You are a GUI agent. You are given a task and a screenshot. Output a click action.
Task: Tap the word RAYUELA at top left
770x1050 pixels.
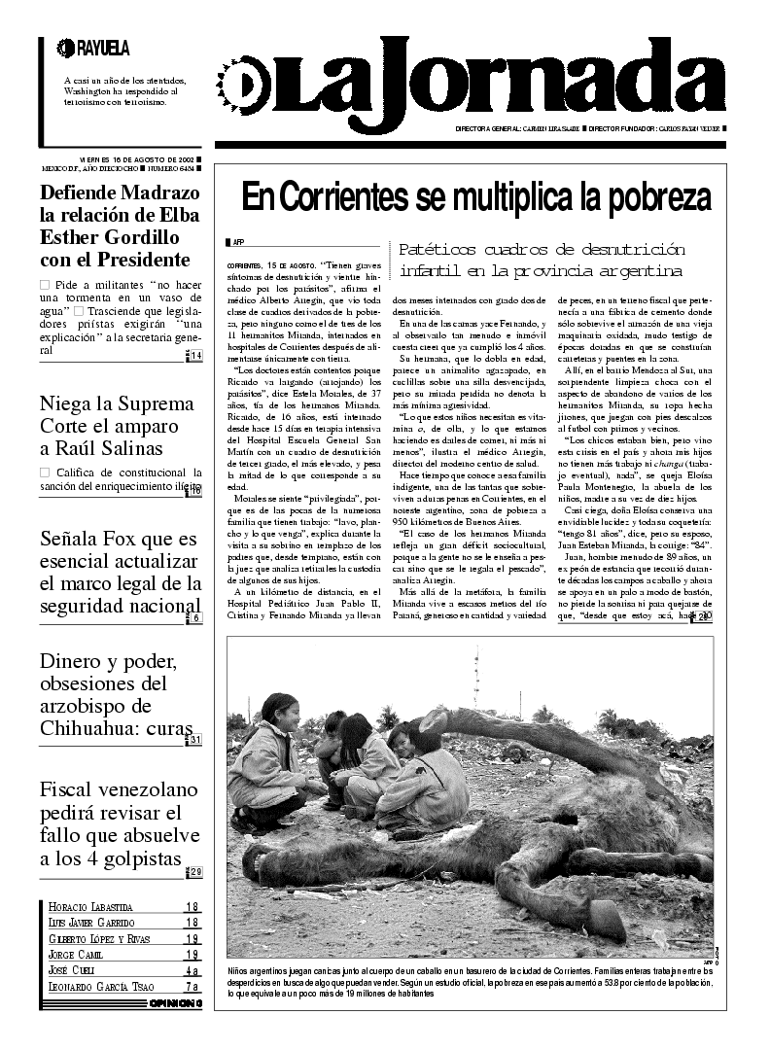tap(102, 47)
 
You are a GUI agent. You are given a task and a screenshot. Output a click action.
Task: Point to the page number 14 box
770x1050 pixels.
tap(195, 356)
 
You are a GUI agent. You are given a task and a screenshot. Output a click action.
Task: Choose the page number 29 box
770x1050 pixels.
tap(195, 872)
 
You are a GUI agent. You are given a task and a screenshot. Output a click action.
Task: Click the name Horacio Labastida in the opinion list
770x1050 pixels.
tap(90, 907)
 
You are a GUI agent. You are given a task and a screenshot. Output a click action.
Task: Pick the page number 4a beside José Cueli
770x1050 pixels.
tap(192, 970)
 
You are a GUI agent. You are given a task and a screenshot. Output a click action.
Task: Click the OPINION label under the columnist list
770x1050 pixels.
tap(175, 1003)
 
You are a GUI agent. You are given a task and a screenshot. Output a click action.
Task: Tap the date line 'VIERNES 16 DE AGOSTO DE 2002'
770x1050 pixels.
tap(136, 158)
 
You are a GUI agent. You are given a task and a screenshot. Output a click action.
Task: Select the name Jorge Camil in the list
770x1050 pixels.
tap(77, 955)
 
